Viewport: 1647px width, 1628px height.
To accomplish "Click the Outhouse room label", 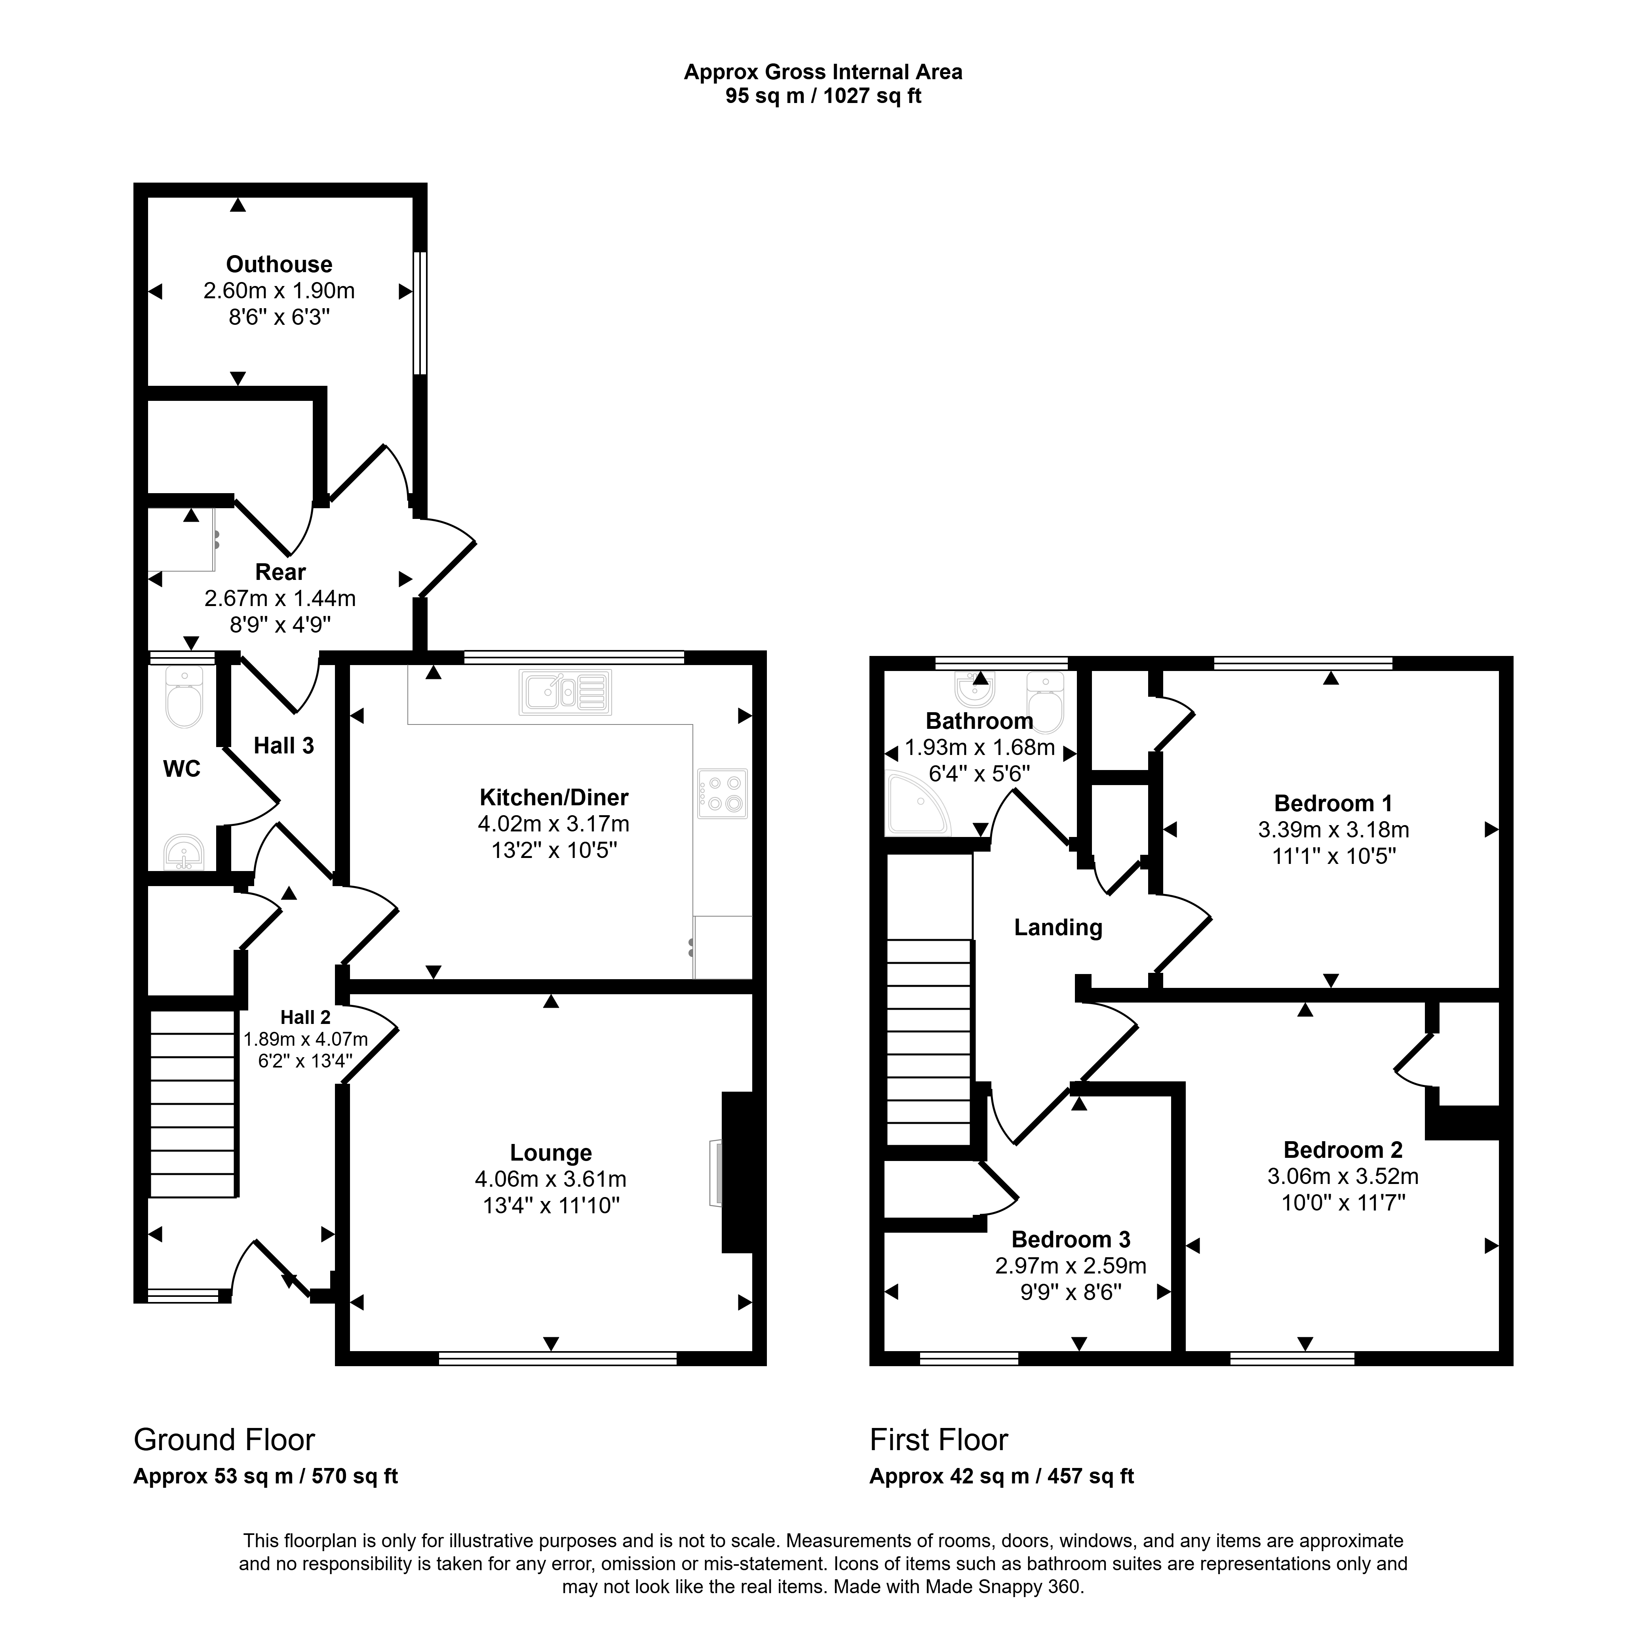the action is click(x=279, y=264).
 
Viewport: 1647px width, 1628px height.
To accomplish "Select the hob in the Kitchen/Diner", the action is click(x=722, y=794).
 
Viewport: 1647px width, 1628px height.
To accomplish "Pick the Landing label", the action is click(x=1058, y=928).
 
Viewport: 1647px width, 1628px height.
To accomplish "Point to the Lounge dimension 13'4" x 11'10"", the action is click(x=551, y=1205).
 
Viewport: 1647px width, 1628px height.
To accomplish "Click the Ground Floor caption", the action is click(x=224, y=1439).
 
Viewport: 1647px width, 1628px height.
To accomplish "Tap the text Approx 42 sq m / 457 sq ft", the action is click(x=1002, y=1476).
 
